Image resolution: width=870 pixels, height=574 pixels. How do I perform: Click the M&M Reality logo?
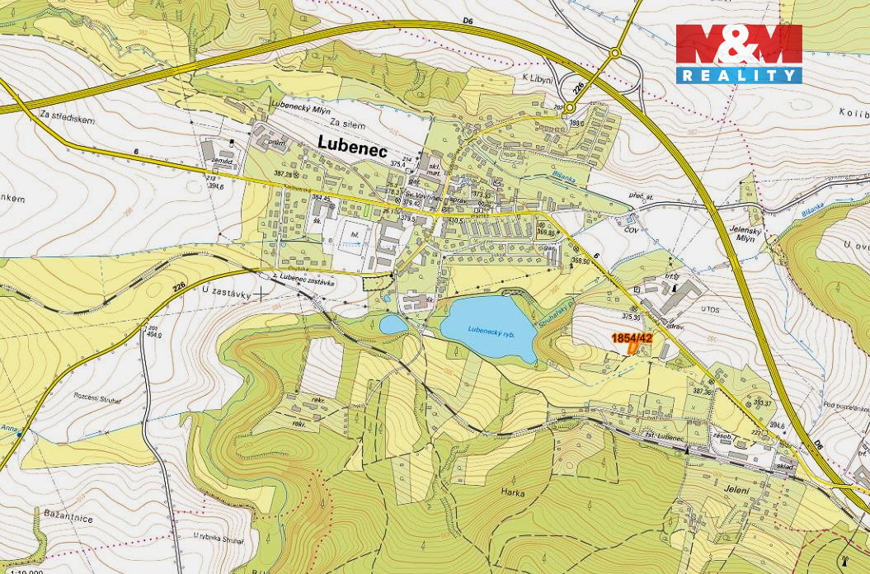[739, 54]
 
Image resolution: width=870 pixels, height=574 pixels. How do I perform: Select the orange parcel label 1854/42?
[632, 338]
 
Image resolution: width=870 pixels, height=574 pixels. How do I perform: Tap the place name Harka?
[512, 492]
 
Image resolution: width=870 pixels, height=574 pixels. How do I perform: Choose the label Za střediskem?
[67, 120]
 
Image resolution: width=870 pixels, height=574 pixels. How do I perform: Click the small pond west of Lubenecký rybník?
[393, 325]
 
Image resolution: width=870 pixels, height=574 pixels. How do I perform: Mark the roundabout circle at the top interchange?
[614, 53]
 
